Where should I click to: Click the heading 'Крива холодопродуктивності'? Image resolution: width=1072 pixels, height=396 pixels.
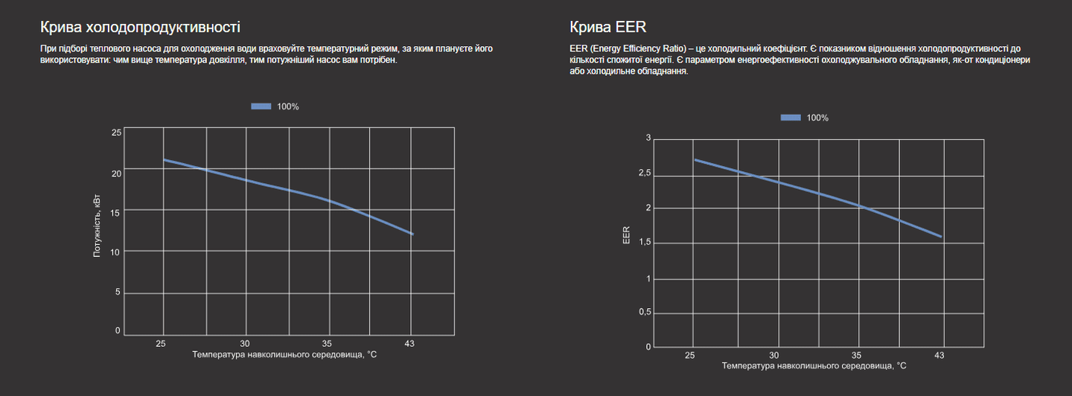[x=140, y=28]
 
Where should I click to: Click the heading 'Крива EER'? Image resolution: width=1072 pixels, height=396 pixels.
[x=607, y=28]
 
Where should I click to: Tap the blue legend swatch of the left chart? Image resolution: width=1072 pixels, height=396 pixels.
[x=261, y=106]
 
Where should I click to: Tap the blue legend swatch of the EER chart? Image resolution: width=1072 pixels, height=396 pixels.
[x=791, y=118]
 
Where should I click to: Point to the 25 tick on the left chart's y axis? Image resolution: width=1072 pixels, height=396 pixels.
[x=116, y=132]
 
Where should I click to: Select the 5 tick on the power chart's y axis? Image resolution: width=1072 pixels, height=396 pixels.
[x=118, y=292]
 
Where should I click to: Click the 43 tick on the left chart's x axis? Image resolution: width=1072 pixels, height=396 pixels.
[x=409, y=343]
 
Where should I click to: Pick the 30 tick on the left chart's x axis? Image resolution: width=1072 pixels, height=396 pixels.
[x=245, y=343]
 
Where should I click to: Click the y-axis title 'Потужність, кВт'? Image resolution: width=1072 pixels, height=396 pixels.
[x=97, y=226]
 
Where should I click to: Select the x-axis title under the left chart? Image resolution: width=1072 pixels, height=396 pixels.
[x=284, y=355]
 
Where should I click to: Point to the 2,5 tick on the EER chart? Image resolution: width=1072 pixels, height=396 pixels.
[x=644, y=173]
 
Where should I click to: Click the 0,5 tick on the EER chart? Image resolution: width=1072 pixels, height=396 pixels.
[x=644, y=312]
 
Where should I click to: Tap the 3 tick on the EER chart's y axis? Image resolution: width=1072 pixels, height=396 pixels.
[x=648, y=138]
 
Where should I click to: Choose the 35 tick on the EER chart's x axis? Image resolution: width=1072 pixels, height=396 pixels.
[x=856, y=355]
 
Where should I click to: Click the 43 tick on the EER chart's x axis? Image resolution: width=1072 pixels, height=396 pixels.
[x=939, y=355]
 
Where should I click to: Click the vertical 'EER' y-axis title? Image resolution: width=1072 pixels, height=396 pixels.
[x=626, y=235]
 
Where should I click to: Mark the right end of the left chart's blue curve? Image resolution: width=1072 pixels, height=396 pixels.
[x=412, y=234]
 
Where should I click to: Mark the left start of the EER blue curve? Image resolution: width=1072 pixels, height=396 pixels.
[x=695, y=160]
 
